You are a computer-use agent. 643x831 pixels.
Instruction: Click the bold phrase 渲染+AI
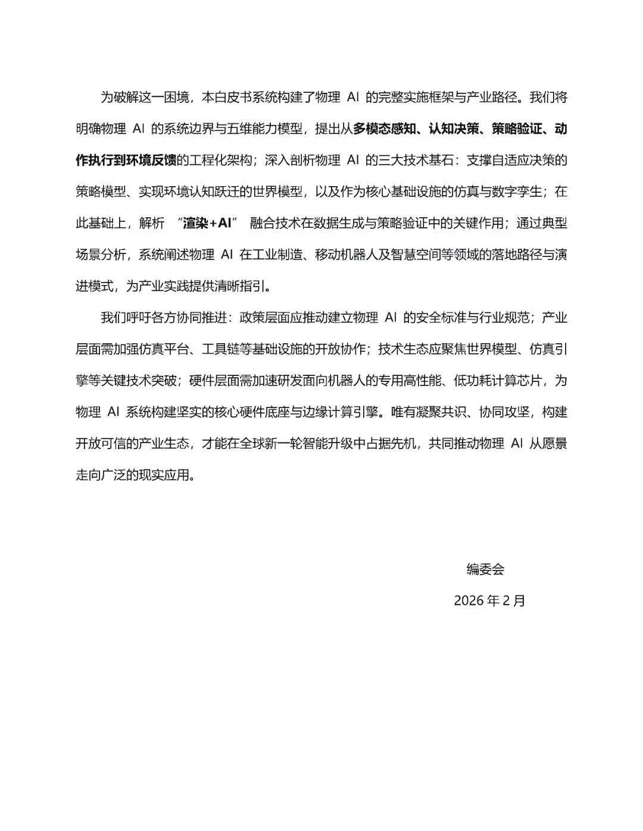click(x=207, y=223)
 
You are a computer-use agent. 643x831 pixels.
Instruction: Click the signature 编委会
click(x=485, y=569)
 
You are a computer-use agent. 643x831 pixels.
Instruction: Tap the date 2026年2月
click(x=489, y=600)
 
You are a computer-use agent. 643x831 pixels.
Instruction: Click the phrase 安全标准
click(x=441, y=317)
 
